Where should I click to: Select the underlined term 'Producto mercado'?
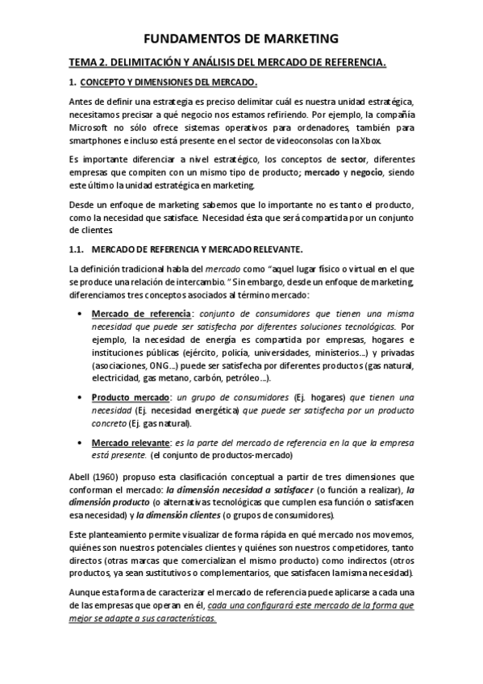130,398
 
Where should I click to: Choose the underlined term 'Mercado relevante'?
131,443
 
